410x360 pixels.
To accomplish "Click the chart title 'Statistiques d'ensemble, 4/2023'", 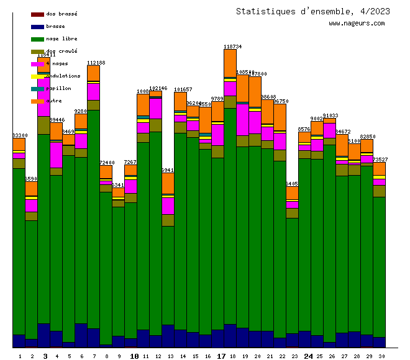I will pos(313,11).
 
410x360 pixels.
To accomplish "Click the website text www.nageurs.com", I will pos(357,24).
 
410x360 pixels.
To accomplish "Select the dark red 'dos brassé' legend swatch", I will pos(37,14).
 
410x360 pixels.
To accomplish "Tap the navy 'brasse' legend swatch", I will pos(37,26).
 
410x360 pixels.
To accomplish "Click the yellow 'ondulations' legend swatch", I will pos(37,76).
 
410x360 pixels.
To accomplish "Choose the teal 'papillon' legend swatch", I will pos(37,88).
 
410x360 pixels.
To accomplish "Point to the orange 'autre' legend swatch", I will pos(37,101).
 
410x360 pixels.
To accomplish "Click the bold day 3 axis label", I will pos(45,356).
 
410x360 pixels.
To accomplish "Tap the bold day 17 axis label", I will pos(221,356).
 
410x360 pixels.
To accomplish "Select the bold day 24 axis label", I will pos(308,356).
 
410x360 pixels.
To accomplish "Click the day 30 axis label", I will pos(381,356).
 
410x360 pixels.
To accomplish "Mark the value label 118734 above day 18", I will pos(232,47).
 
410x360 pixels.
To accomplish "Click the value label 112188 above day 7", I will pos(96,63).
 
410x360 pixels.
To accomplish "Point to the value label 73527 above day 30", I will pos(381,160).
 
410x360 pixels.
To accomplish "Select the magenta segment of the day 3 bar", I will pos(43,96).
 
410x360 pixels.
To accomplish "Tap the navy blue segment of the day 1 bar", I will pos(19,341).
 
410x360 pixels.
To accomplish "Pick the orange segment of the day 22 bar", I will pos(280,117).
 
